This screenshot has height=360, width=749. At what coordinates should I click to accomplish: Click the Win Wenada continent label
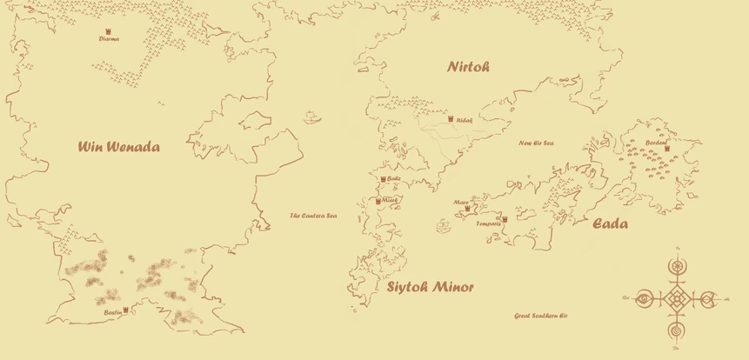point(119,147)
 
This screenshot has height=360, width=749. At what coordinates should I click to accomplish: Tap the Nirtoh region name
point(469,67)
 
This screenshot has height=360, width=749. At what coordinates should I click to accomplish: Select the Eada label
point(611,224)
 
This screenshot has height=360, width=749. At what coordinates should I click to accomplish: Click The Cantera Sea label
point(313,215)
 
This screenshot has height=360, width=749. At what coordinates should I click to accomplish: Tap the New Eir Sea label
point(537,143)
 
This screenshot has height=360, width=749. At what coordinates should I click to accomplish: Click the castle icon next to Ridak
point(451,119)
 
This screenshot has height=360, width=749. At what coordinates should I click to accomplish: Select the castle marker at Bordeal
point(667,148)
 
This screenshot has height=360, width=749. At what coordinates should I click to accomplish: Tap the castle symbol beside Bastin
point(126,310)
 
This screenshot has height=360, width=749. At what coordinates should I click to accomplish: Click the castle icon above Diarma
point(109,31)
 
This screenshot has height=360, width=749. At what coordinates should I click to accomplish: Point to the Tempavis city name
point(489,223)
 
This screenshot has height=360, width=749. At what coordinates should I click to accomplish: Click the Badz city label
point(393,178)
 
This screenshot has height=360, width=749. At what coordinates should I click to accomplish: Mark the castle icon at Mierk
point(378,201)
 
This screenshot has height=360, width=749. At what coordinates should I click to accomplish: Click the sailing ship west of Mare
point(442,225)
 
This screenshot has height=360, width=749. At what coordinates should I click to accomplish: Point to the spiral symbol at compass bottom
point(676,331)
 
